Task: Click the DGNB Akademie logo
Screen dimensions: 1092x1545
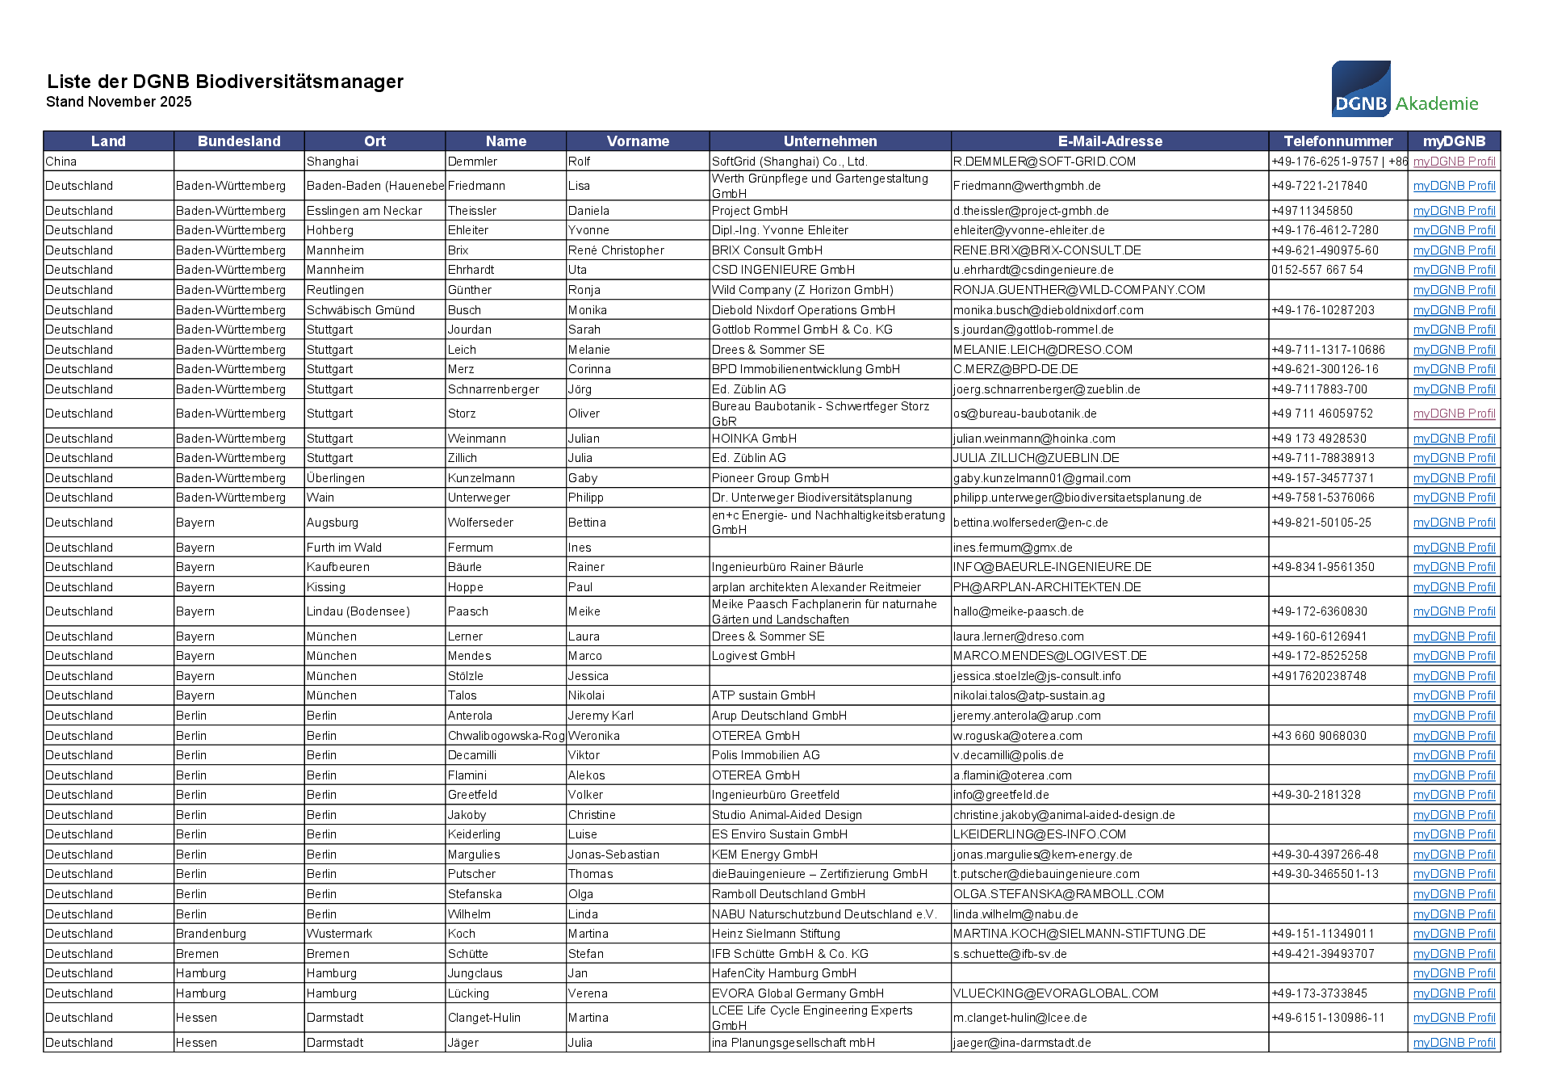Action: point(1404,89)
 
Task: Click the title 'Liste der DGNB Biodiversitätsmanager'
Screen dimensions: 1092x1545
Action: point(225,82)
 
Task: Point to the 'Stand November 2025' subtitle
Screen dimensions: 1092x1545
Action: point(119,102)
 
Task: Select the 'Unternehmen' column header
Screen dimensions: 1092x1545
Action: point(830,141)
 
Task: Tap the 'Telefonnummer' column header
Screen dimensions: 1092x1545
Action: point(1338,141)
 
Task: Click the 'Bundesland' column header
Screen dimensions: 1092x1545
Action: point(239,141)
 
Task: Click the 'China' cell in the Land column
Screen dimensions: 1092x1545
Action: point(61,162)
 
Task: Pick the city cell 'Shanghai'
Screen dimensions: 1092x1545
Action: point(333,162)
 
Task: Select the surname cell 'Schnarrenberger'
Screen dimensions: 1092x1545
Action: point(493,389)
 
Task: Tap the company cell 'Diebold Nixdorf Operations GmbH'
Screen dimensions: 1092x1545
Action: point(803,310)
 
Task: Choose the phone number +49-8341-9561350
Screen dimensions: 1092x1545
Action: point(1322,567)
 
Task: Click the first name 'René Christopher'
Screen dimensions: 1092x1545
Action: point(616,250)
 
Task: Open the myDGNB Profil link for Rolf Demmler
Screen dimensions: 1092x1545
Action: point(1454,162)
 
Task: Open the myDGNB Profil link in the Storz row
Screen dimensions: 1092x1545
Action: point(1454,414)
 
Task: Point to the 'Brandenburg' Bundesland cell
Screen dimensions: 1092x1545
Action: point(211,934)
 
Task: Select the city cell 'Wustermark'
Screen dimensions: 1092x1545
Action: point(339,934)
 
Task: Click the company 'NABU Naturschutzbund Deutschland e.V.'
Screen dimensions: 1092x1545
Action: point(824,914)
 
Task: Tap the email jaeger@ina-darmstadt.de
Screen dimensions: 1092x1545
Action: point(1022,1043)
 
